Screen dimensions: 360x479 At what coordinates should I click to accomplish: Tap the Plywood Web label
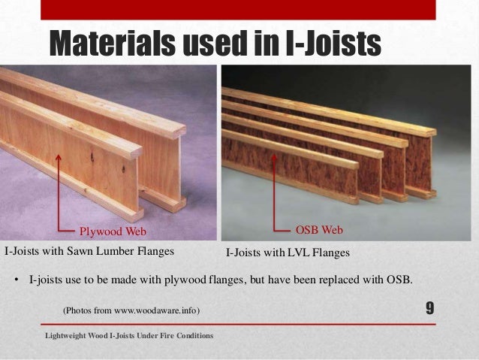(113, 230)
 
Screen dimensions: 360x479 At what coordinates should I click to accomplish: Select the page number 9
(430, 308)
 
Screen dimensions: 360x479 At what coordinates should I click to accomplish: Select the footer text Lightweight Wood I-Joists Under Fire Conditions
(128, 335)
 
